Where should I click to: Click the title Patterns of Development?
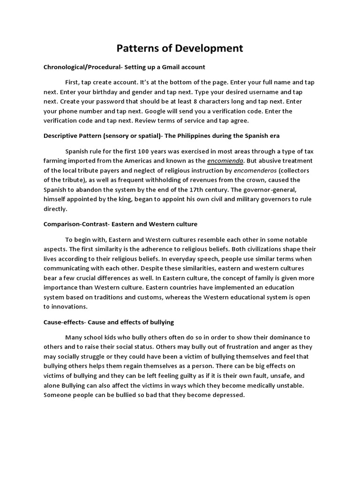pyautogui.click(x=180, y=48)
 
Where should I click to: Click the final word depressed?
pyautogui.click(x=227, y=395)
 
